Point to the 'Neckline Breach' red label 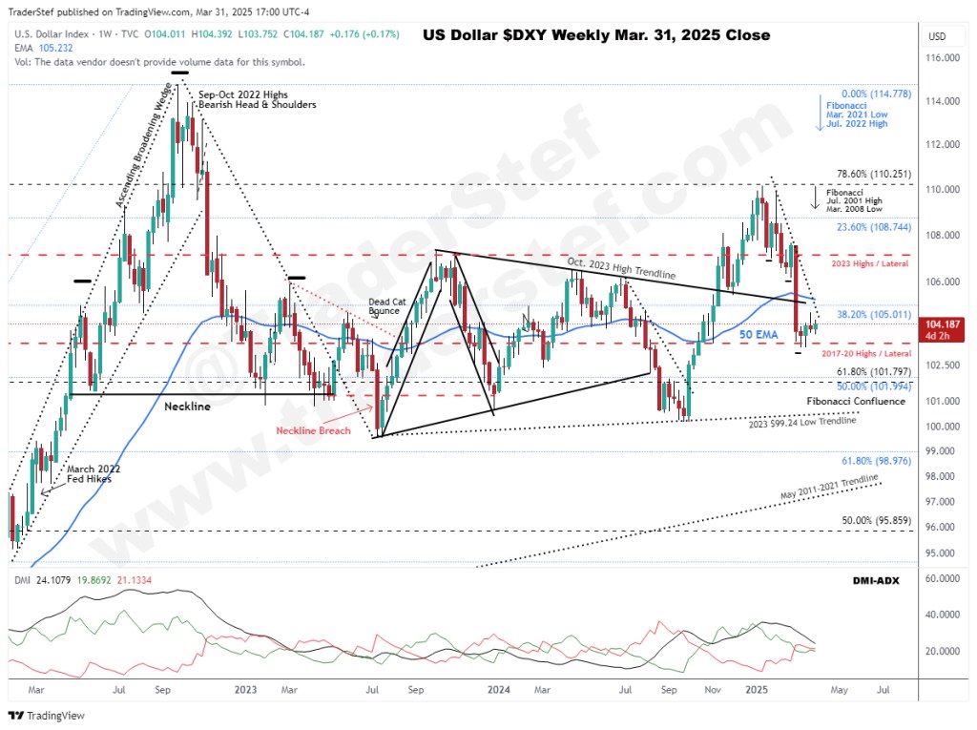tap(314, 430)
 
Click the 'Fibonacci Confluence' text tap(856, 402)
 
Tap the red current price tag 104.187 tap(939, 330)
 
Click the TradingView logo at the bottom tap(48, 715)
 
